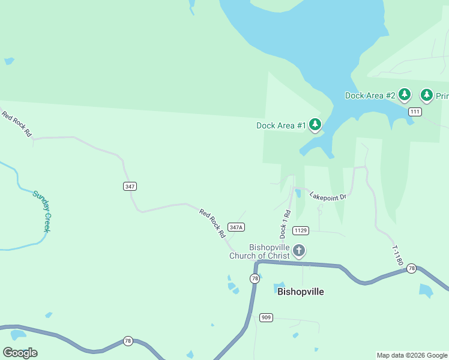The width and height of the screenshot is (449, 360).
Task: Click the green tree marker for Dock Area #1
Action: pos(315,124)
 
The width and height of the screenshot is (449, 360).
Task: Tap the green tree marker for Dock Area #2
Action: pos(405,94)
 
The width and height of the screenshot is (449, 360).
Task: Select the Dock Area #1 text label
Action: pos(281,125)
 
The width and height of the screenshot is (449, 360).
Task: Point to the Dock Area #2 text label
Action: pos(370,95)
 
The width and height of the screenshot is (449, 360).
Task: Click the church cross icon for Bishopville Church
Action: pos(299,250)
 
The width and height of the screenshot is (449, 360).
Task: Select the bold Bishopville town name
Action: pos(301,292)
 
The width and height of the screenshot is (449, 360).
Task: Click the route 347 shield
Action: pos(130,186)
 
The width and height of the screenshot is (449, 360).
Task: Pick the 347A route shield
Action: pos(236,227)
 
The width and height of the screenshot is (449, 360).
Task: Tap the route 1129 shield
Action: pos(301,230)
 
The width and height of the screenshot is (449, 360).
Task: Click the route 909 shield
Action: pos(267,317)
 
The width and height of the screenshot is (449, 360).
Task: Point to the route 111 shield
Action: pos(415,112)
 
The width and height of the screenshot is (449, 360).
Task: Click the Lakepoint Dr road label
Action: pos(328,196)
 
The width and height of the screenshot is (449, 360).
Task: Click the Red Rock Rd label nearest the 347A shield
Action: pos(212,221)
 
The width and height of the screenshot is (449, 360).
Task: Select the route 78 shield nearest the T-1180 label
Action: pos(411,268)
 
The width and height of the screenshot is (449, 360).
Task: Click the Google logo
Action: pos(20,353)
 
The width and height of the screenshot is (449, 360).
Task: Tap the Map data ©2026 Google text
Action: pos(412,355)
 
